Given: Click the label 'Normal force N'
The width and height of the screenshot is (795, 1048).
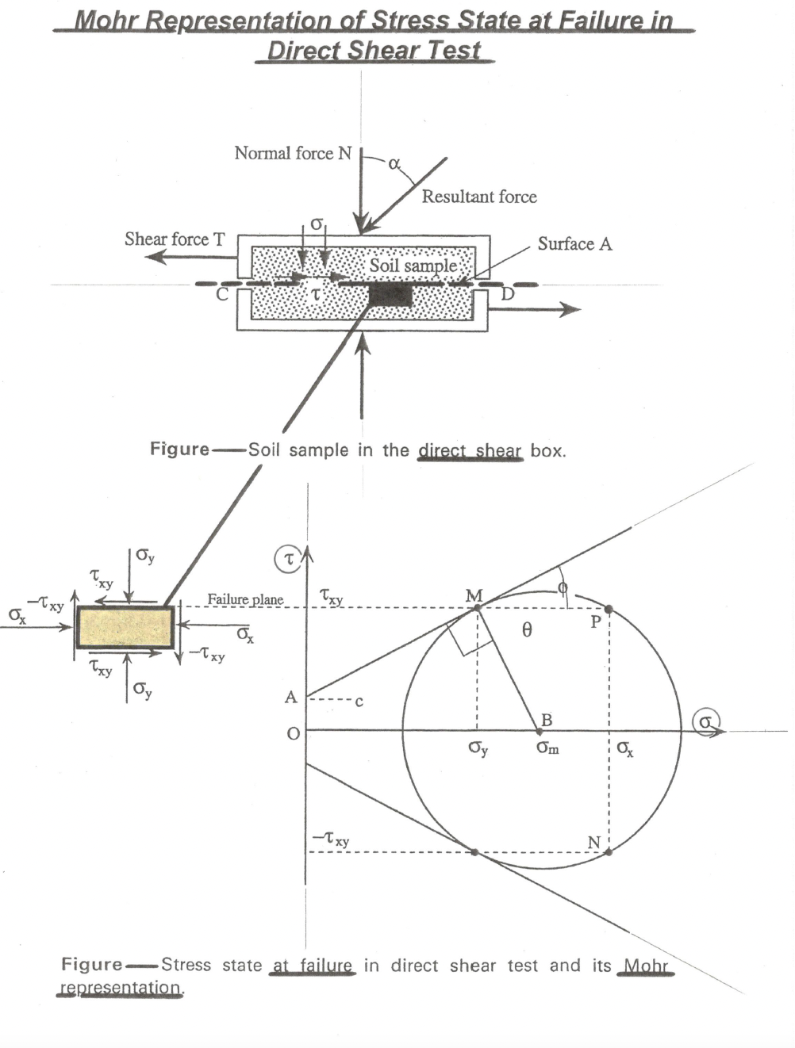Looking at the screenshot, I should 292,153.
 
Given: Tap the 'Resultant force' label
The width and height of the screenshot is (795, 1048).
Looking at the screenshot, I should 478,197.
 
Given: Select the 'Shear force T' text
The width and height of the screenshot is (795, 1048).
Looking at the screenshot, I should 175,239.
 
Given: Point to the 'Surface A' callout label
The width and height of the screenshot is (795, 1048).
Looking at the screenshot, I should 574,243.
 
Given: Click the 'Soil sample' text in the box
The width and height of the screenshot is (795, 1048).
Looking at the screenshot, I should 413,265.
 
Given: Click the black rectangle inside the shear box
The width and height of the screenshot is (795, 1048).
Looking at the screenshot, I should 390,296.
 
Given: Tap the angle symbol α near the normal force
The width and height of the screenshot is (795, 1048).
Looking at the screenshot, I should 394,163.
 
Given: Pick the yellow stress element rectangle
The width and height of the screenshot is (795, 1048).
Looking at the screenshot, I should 125,627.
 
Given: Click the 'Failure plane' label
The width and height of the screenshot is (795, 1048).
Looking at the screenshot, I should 245,599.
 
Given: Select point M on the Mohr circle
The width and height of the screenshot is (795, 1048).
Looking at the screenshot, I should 477,608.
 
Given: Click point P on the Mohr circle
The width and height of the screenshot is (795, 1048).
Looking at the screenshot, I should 609,610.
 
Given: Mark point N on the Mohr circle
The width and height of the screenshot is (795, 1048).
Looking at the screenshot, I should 609,852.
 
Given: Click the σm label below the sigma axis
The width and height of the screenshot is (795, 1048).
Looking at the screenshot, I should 547,748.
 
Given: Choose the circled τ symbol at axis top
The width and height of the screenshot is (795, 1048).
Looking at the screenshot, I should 288,560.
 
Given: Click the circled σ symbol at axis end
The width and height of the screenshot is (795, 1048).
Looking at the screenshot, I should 705,721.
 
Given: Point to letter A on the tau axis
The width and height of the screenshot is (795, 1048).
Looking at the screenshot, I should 291,698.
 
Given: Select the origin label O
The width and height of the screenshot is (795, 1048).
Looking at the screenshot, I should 293,733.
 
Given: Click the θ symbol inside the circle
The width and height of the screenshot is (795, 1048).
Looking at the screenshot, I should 527,630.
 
